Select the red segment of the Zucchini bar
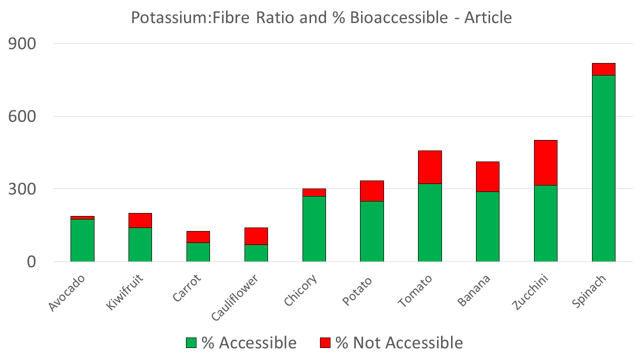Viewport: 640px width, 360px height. click(x=545, y=162)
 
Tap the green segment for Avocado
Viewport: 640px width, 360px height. click(x=82, y=240)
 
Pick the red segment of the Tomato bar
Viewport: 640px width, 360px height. click(x=430, y=167)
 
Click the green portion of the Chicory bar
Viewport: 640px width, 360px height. click(x=314, y=228)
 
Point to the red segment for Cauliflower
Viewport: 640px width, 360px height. click(x=256, y=236)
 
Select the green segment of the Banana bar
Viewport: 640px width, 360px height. click(x=487, y=226)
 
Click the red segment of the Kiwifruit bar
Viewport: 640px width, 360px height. click(x=140, y=220)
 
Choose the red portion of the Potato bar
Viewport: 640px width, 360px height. click(x=372, y=190)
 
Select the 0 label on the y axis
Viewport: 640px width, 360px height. click(x=30, y=262)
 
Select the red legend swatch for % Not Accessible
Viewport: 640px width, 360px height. click(x=325, y=342)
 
